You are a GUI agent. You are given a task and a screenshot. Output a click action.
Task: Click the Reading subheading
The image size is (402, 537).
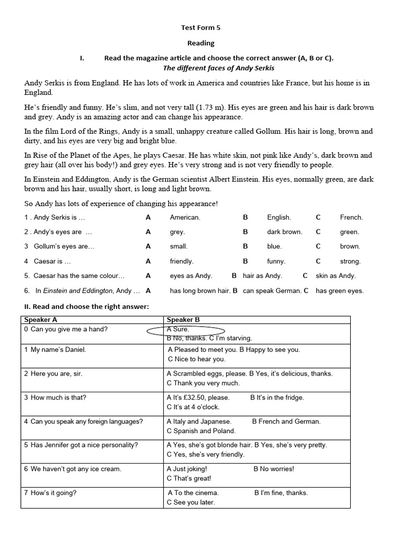pyautogui.click(x=201, y=43)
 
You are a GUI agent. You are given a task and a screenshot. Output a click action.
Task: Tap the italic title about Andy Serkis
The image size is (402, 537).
pyautogui.click(x=218, y=68)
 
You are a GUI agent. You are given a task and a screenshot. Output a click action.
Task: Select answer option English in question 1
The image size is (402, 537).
pyautogui.click(x=278, y=217)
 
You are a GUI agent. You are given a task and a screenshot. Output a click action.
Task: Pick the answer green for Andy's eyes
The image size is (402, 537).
pyautogui.click(x=349, y=232)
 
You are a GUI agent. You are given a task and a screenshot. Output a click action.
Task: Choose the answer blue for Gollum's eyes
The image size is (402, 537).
pyautogui.click(x=274, y=246)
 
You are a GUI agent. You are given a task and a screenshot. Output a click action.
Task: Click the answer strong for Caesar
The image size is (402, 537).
pyautogui.click(x=350, y=261)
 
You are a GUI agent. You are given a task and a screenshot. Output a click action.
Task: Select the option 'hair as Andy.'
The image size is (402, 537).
pyautogui.click(x=262, y=275)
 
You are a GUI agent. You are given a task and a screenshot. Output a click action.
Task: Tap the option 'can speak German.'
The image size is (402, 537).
pyautogui.click(x=272, y=291)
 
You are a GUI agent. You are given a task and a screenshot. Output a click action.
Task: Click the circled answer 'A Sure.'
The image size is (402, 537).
pyautogui.click(x=178, y=329)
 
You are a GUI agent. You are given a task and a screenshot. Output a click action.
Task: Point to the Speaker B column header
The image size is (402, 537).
pyautogui.click(x=183, y=319)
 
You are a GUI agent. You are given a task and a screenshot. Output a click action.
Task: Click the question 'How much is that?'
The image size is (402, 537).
pyautogui.click(x=59, y=398)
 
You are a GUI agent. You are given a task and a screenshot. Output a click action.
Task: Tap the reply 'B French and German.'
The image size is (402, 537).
pyautogui.click(x=286, y=421)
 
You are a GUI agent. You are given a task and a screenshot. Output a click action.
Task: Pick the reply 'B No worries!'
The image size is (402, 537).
pyautogui.click(x=274, y=469)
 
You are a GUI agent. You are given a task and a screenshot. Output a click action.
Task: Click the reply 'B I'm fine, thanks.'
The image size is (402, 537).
pyautogui.click(x=281, y=492)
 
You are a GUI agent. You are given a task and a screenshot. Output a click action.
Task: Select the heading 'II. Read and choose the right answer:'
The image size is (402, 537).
pyautogui.click(x=86, y=307)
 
